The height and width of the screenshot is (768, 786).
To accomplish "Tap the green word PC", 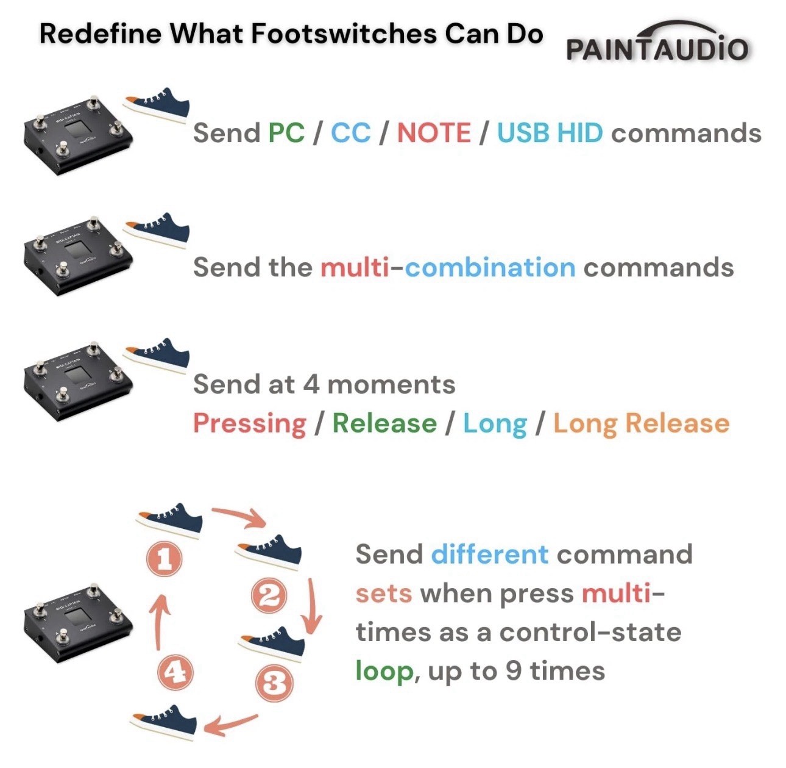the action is (x=286, y=132).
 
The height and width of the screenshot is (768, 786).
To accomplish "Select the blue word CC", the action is (x=350, y=132).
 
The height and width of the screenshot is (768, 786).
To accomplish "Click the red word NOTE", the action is (x=434, y=132).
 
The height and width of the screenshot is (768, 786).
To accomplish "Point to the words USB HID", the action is (x=550, y=132).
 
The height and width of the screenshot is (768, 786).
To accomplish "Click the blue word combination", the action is (x=490, y=267).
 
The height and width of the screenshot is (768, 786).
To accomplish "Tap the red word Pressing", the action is (x=250, y=423).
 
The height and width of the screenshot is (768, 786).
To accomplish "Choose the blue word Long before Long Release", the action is (x=495, y=423).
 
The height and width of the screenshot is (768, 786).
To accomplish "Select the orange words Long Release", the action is (x=641, y=423).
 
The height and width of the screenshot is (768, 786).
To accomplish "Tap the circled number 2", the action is (x=269, y=596).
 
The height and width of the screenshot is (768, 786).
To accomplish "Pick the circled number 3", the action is (x=274, y=683).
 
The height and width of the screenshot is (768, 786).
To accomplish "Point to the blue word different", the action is (x=489, y=554).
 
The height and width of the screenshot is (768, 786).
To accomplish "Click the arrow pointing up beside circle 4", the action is (x=158, y=622).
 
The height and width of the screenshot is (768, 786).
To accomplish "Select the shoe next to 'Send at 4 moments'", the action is (x=157, y=354).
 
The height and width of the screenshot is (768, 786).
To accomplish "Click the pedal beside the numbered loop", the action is (x=78, y=622).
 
